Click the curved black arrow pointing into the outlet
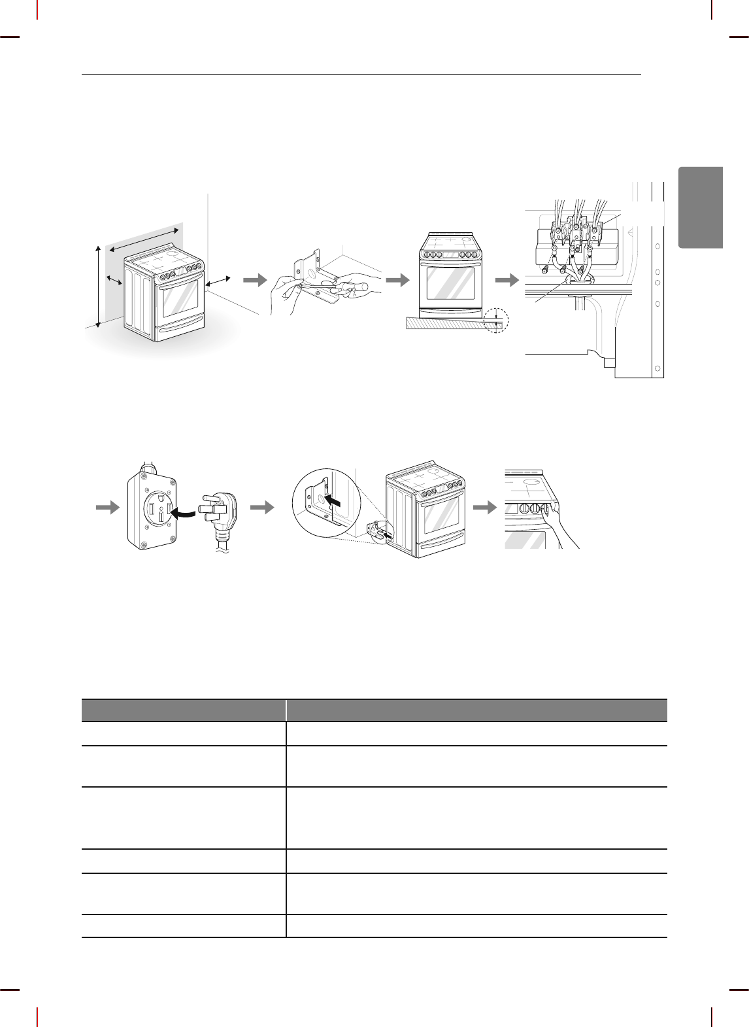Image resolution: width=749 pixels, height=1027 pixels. (184, 514)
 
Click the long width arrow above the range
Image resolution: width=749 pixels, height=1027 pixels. (144, 239)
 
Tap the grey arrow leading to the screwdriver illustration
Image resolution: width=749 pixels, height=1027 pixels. (255, 280)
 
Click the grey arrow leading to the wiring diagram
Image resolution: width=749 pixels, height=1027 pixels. (505, 280)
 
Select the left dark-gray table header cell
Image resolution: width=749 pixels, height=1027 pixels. (184, 710)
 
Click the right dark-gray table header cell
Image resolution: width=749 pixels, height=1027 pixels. (476, 710)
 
